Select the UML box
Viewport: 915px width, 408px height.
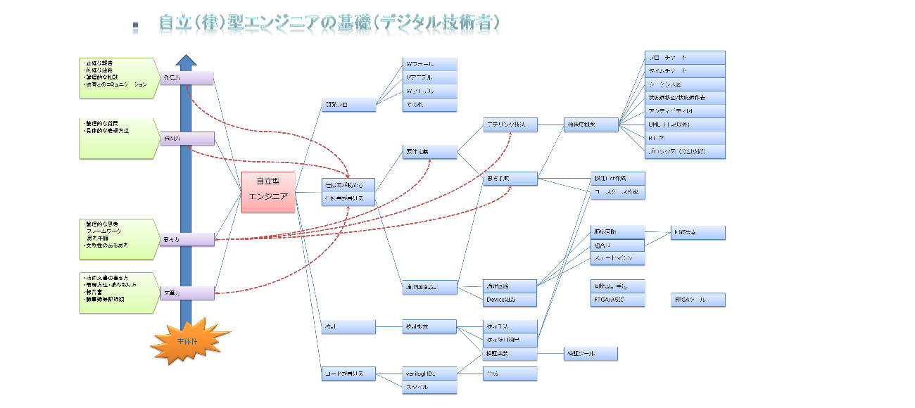pyautogui.click(x=685, y=125)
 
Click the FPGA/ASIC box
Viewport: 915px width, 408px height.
pyautogui.click(x=617, y=300)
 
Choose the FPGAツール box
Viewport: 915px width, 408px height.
pyautogui.click(x=698, y=300)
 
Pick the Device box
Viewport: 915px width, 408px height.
pyautogui.click(x=510, y=300)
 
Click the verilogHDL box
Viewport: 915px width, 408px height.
pyautogui.click(x=429, y=373)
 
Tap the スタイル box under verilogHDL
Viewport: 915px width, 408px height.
pyautogui.click(x=429, y=386)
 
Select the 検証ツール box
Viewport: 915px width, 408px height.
pyautogui.click(x=590, y=354)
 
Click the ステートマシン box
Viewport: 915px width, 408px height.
pyautogui.click(x=617, y=259)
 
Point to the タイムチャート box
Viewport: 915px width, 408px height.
pyautogui.click(x=685, y=71)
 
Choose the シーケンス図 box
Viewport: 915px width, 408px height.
pyautogui.click(x=685, y=84)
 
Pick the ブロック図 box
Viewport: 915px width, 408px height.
pyautogui.click(x=685, y=151)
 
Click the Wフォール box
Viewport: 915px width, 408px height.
pyautogui.click(x=429, y=65)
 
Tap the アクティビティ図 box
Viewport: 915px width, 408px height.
pyautogui.click(x=685, y=111)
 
